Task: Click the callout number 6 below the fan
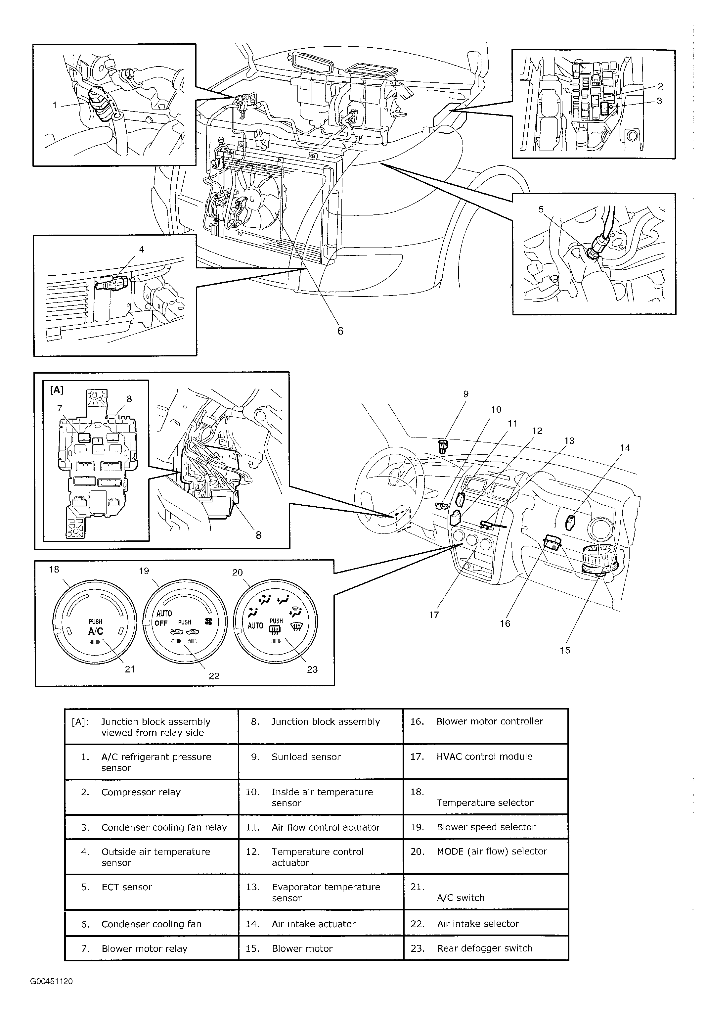(x=340, y=331)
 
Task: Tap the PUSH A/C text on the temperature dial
(x=95, y=627)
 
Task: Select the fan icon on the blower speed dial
(x=208, y=621)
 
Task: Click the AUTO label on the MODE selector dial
(x=255, y=625)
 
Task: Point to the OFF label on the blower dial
(x=161, y=623)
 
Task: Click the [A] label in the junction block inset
(x=57, y=390)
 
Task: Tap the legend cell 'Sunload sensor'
(x=321, y=757)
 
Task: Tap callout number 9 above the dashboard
(x=466, y=394)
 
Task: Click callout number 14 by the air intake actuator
(x=625, y=448)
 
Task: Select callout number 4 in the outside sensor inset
(x=142, y=249)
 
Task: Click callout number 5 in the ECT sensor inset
(x=541, y=209)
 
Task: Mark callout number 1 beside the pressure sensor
(x=55, y=105)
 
